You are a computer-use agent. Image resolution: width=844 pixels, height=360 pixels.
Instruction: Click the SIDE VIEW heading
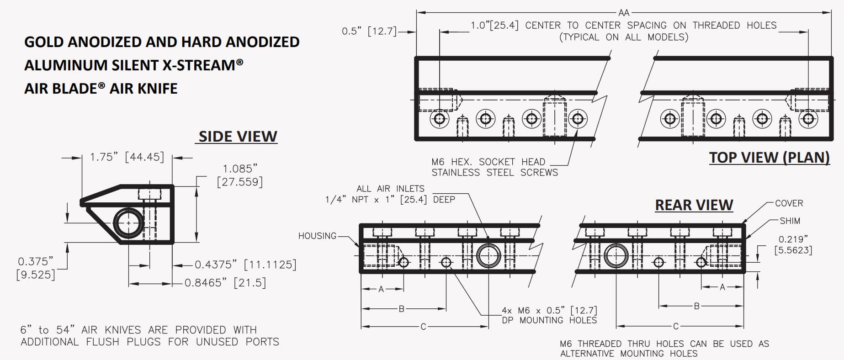(x=238, y=136)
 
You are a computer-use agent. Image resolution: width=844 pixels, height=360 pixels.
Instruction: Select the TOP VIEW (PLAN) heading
(x=769, y=157)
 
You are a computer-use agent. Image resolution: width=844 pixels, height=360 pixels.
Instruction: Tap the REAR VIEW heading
(x=694, y=205)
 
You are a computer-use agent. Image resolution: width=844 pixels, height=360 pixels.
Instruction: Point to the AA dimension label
(x=624, y=13)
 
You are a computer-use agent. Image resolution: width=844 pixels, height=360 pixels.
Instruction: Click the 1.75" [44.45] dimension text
(x=127, y=157)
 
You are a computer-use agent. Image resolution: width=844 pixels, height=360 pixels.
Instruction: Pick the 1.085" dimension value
(x=240, y=169)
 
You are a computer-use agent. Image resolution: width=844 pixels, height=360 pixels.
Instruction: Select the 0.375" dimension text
(x=35, y=262)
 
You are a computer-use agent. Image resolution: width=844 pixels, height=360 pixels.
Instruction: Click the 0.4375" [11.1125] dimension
(x=245, y=265)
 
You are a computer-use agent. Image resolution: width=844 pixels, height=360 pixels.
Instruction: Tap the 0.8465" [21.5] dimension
(x=225, y=283)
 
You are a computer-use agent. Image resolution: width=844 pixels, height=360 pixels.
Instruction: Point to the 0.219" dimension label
(x=793, y=239)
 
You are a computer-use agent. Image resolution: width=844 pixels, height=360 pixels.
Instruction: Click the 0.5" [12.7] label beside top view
(x=369, y=31)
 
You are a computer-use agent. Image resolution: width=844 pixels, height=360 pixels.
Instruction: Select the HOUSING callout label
(x=317, y=236)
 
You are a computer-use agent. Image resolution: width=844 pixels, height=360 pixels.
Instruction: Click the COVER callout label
(x=789, y=203)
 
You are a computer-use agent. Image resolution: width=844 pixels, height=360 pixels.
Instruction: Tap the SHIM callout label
(x=790, y=221)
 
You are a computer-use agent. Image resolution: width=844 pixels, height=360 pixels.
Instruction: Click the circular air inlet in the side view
(x=128, y=223)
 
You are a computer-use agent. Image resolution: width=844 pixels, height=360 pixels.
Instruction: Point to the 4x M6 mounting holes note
(x=549, y=315)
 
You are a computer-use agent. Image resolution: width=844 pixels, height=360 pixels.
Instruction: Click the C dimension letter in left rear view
(x=423, y=327)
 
